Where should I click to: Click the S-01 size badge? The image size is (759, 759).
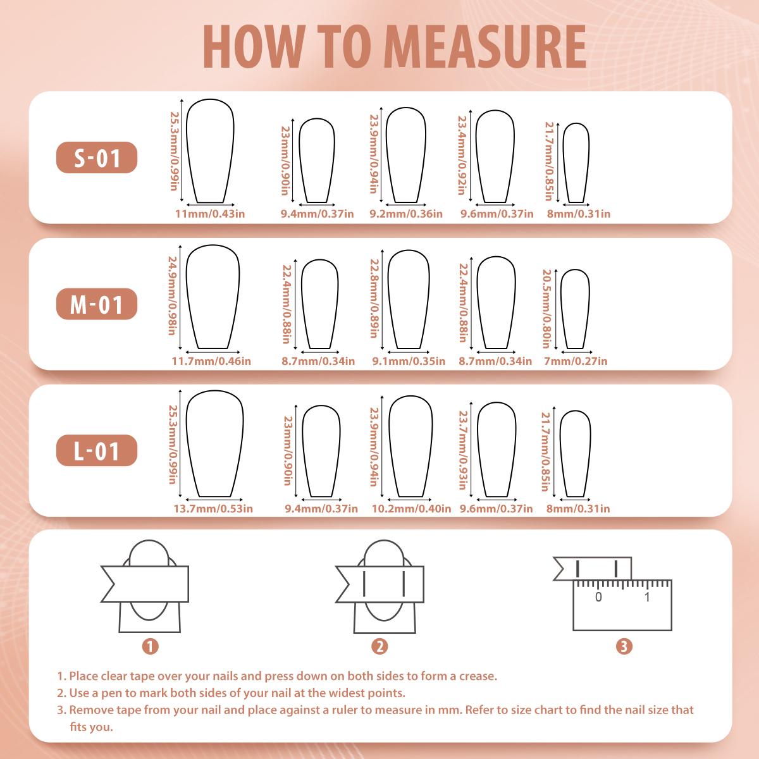pos(97,157)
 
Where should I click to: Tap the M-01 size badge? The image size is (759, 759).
pos(97,304)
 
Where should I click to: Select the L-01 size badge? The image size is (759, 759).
pos(97,450)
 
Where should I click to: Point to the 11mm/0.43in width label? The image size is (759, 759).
pos(210,214)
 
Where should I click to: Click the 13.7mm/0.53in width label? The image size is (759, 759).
pos(213,509)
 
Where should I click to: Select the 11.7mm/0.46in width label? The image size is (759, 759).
pos(211,361)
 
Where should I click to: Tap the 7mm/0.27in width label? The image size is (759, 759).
pos(576,361)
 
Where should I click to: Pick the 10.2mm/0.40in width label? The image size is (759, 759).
pos(411,509)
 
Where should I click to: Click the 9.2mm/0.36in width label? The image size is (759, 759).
pos(405,214)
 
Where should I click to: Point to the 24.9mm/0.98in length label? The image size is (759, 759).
pos(172,296)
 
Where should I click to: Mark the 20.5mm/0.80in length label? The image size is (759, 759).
pos(546,309)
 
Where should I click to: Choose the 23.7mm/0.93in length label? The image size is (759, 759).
pos(463,450)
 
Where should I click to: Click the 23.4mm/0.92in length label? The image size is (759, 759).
pos(462,155)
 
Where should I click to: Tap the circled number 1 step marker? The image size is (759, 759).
pos(150,646)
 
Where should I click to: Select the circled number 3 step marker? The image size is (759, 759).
pos(624,646)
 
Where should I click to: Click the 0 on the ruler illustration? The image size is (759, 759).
pos(598,597)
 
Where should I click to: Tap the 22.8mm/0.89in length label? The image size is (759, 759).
pos(374,299)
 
